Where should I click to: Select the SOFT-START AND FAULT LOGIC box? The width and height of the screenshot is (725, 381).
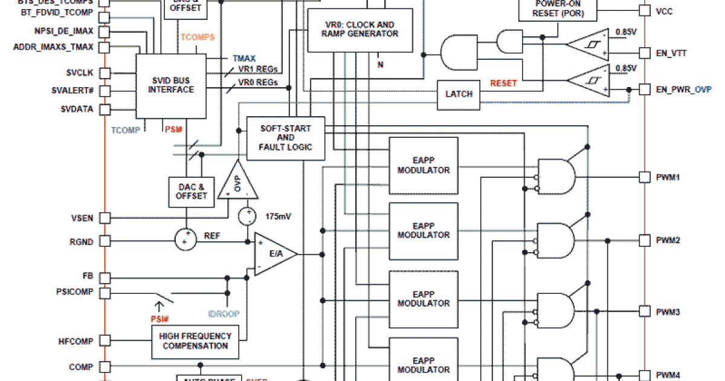[286, 138]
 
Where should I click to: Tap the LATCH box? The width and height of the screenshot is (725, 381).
[459, 94]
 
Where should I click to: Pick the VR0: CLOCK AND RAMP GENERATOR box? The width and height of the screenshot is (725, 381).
[360, 30]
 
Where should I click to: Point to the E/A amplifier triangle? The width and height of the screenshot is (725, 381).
[274, 254]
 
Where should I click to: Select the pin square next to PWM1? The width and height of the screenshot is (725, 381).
[645, 177]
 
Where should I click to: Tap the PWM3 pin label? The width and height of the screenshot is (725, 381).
[668, 312]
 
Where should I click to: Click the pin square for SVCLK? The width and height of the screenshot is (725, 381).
[105, 73]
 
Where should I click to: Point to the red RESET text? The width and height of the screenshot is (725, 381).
[503, 83]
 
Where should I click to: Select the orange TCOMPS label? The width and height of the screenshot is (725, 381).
[198, 37]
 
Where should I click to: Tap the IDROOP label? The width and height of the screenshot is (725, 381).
[224, 314]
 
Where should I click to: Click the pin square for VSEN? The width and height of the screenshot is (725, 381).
[105, 218]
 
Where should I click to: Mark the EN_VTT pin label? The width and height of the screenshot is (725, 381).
[671, 53]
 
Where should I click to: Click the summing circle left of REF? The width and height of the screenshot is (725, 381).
[187, 239]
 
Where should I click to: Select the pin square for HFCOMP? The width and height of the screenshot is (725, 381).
[105, 341]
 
